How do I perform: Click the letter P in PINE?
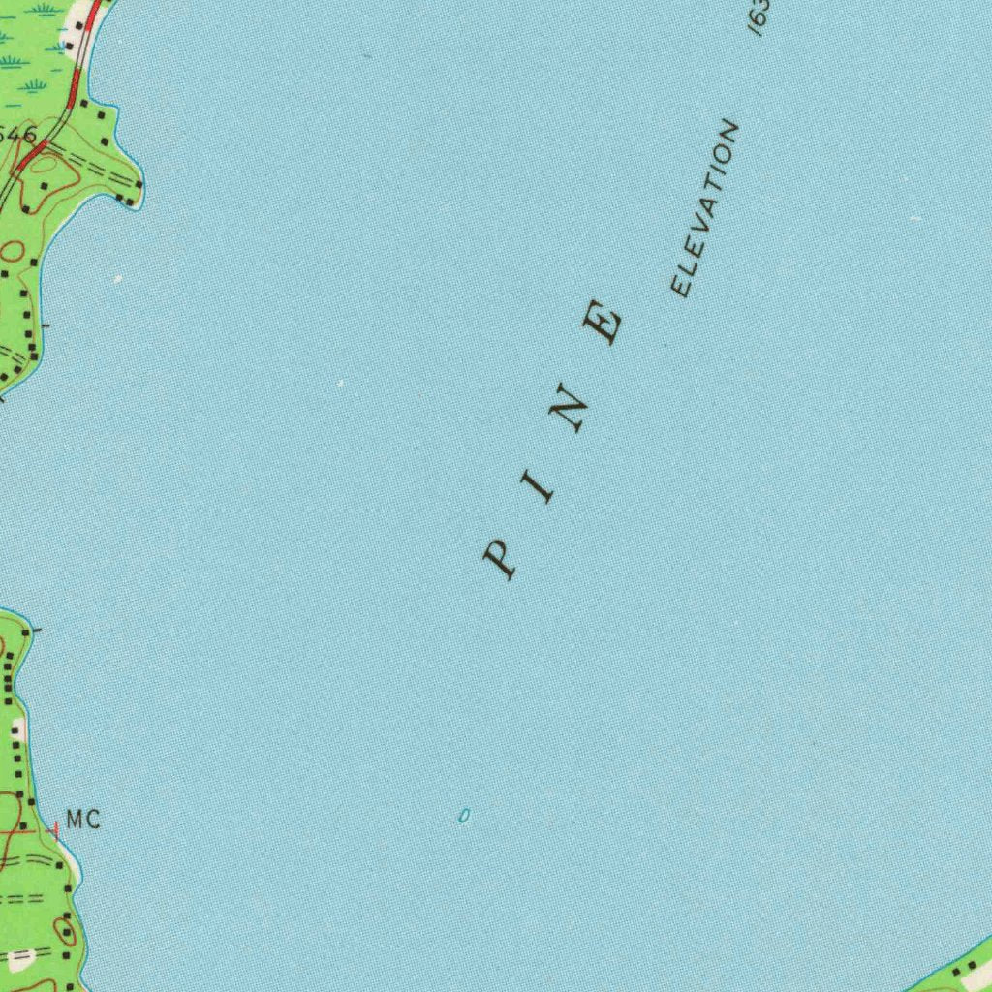[x=500, y=559]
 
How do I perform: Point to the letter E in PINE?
[x=604, y=323]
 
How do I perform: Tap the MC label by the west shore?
[x=83, y=821]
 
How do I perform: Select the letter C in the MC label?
[x=92, y=821]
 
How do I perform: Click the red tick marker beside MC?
[x=55, y=829]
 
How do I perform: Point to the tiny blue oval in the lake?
[x=464, y=817]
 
